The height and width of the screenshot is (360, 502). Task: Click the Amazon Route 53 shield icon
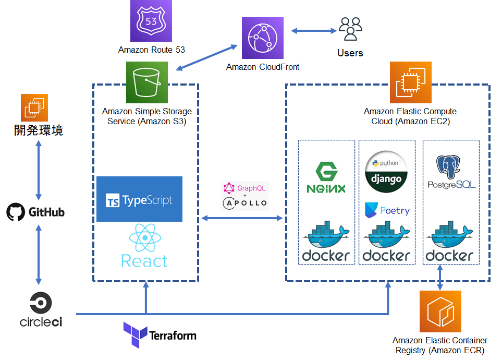pyautogui.click(x=151, y=21)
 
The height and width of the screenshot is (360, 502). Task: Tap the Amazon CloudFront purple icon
pyautogui.click(x=263, y=39)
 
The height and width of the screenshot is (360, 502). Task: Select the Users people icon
pyautogui.click(x=350, y=29)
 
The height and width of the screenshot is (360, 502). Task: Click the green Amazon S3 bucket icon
pyautogui.click(x=147, y=82)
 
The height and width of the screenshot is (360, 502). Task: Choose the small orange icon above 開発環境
pyautogui.click(x=34, y=107)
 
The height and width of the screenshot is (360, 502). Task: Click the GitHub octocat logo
pyautogui.click(x=16, y=212)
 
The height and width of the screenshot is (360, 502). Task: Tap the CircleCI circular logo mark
pyautogui.click(x=41, y=303)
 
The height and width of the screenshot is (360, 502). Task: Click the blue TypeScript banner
pyautogui.click(x=139, y=199)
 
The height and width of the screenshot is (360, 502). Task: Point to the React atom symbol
pyautogui.click(x=144, y=238)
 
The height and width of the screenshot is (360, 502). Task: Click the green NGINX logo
pyautogui.click(x=327, y=178)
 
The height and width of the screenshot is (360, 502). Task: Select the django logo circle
pyautogui.click(x=386, y=172)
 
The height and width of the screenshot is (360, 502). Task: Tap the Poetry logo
pyautogui.click(x=387, y=210)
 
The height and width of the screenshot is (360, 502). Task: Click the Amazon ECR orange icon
pyautogui.click(x=440, y=312)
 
